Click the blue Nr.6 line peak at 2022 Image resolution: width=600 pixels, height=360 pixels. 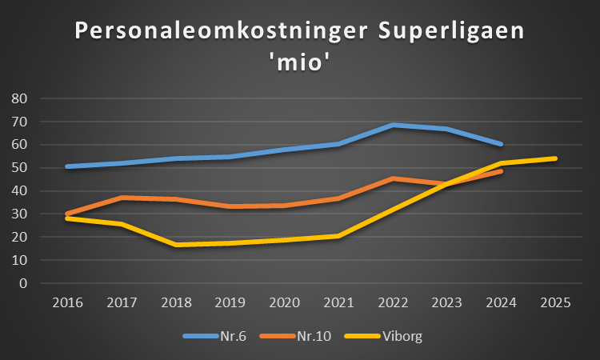393,125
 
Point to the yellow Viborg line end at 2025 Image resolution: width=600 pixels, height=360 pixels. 555,158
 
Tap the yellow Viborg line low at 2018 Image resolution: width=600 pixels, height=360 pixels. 175,245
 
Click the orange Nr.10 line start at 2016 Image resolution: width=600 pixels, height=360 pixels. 66,214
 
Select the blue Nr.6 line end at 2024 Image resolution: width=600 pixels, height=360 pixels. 501,144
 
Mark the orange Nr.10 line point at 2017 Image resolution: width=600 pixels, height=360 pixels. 121,198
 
